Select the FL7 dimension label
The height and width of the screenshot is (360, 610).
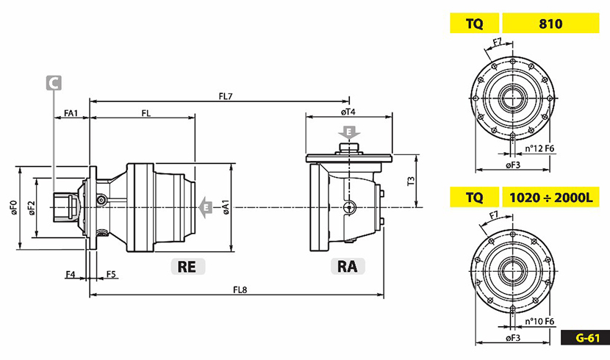click(226, 96)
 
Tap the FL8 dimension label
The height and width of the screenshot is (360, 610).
click(238, 289)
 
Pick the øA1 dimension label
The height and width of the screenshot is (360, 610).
click(226, 207)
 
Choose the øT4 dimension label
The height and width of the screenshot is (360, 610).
click(348, 112)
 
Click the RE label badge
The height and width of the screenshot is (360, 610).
click(187, 266)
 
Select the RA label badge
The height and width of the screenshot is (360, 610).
click(347, 266)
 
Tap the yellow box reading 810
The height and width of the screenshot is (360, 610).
click(549, 24)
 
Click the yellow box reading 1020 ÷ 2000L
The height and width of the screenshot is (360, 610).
click(549, 197)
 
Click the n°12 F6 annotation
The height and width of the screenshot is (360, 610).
click(539, 148)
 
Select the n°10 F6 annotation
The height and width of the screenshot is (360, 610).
click(539, 321)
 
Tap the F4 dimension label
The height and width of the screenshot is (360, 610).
click(71, 274)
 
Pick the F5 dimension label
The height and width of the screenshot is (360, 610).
click(110, 274)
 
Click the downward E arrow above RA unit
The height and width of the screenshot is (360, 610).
click(349, 133)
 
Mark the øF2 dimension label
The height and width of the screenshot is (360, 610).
click(31, 208)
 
